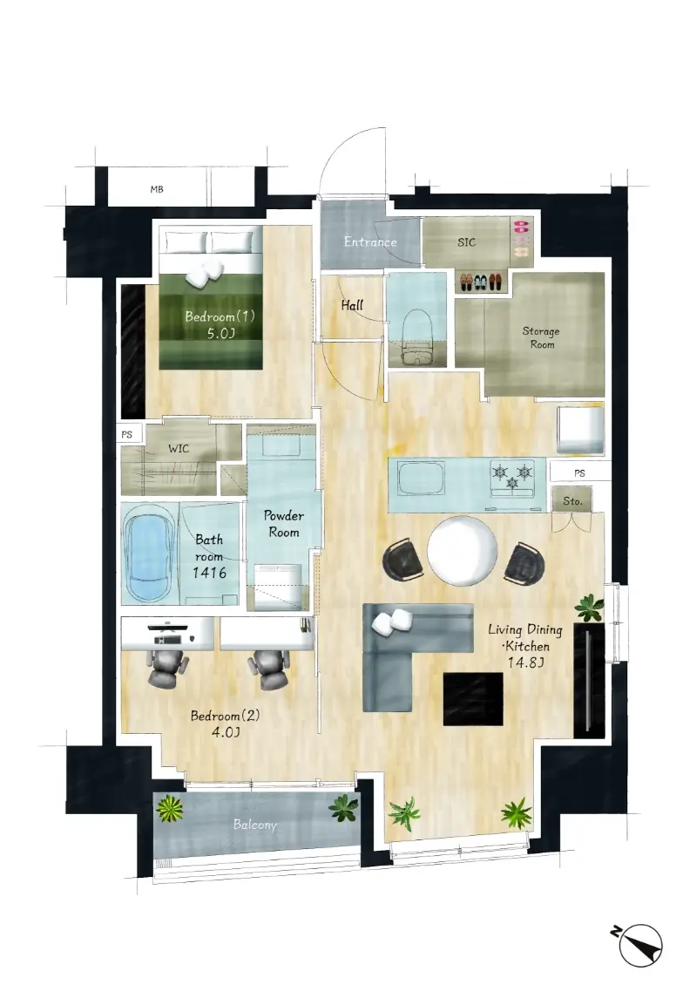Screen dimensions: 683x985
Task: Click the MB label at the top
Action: pyautogui.click(x=157, y=189)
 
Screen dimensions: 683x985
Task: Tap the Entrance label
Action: pyautogui.click(x=370, y=241)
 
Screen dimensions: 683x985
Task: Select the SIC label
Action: pyautogui.click(x=466, y=241)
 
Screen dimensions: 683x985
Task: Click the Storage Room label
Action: pyautogui.click(x=541, y=337)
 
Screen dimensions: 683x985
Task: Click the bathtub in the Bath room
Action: pyautogui.click(x=150, y=553)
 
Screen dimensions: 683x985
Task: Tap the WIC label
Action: pyautogui.click(x=179, y=449)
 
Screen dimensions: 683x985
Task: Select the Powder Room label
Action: pyautogui.click(x=284, y=524)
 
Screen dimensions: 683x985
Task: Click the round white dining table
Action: pyautogui.click(x=463, y=551)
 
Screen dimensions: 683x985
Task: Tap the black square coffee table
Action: pyautogui.click(x=473, y=698)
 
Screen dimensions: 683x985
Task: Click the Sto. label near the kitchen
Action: pyautogui.click(x=572, y=500)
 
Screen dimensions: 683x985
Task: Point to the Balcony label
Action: pyautogui.click(x=255, y=825)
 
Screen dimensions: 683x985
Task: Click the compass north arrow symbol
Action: pyautogui.click(x=637, y=945)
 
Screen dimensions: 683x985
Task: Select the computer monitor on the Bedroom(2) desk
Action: pyautogui.click(x=166, y=627)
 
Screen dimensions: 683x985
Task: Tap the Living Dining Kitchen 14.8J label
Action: pyautogui.click(x=524, y=646)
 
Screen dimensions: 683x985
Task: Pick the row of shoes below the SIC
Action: pyautogui.click(x=482, y=282)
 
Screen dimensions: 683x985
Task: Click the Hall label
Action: pyautogui.click(x=352, y=305)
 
